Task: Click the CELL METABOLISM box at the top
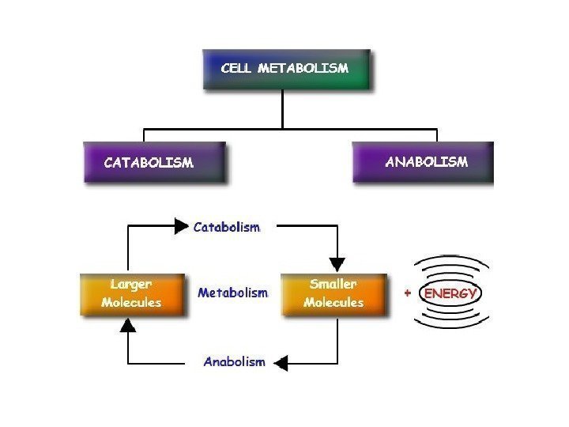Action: point(284,70)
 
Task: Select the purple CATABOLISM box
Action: point(154,162)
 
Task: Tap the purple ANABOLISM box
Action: point(423,162)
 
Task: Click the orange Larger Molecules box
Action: point(132,293)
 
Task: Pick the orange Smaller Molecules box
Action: point(334,293)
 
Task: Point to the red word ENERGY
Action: point(451,293)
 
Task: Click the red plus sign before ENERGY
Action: point(408,293)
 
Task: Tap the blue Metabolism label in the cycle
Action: point(232,293)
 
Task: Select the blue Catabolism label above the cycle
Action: point(227,227)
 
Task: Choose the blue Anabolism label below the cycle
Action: point(234,362)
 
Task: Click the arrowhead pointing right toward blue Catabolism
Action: point(182,227)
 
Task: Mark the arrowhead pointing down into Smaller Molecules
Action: point(337,263)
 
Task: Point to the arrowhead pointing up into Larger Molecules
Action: point(128,325)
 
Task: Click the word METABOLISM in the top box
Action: point(305,69)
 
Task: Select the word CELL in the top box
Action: point(236,69)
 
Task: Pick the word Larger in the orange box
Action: point(131,284)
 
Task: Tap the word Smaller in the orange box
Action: point(334,284)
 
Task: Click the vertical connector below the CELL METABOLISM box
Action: point(283,108)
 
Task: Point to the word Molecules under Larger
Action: point(131,303)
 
